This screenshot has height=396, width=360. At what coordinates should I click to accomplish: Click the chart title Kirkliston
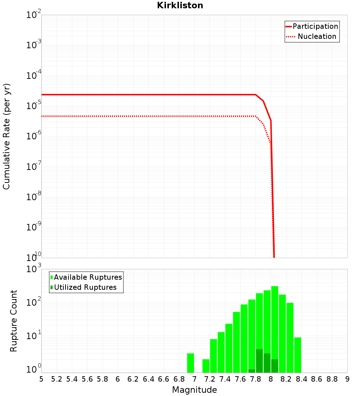pyautogui.click(x=180, y=5)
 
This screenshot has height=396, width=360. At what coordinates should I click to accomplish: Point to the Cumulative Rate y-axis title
pyautogui.click(x=6, y=136)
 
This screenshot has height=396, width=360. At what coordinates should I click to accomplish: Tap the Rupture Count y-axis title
pyautogui.click(x=14, y=321)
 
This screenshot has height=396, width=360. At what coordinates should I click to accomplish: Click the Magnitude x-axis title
pyautogui.click(x=194, y=390)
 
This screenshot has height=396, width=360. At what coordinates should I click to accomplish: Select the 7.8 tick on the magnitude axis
pyautogui.click(x=256, y=379)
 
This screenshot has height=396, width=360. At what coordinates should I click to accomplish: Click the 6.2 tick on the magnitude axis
pyautogui.click(x=133, y=379)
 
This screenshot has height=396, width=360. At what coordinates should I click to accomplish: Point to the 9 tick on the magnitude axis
pyautogui.click(x=347, y=379)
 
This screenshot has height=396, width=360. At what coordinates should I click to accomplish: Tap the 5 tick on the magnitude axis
pyautogui.click(x=41, y=379)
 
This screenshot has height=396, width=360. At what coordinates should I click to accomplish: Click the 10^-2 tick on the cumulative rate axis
pyautogui.click(x=34, y=15)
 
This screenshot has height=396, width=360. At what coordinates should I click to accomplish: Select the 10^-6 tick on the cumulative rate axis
pyautogui.click(x=34, y=136)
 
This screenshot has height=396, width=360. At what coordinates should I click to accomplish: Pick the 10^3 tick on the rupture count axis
pyautogui.click(x=34, y=269)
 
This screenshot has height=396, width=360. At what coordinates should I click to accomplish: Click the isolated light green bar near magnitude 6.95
pyautogui.click(x=190, y=363)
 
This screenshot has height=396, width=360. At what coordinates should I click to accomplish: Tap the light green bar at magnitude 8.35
pyautogui.click(x=298, y=355)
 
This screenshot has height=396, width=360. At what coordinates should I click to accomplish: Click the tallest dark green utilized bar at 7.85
pyautogui.click(x=259, y=361)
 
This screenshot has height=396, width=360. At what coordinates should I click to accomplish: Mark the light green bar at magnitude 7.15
pyautogui.click(x=206, y=366)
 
